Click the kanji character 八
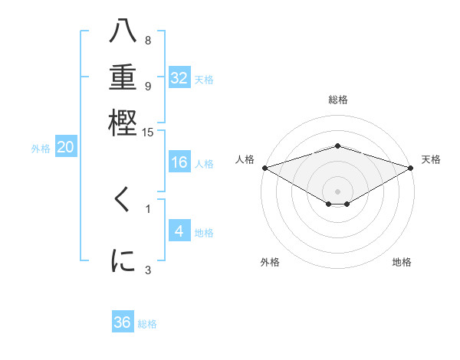click(x=123, y=32)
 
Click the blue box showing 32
click(x=179, y=77)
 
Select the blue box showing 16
click(x=179, y=162)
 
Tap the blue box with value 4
click(x=179, y=231)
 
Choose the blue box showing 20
click(x=65, y=148)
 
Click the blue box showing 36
click(x=123, y=322)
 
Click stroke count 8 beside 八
click(x=147, y=41)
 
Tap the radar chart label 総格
click(x=338, y=100)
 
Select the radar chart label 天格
click(x=431, y=159)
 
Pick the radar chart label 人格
click(x=245, y=159)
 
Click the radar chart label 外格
click(x=270, y=262)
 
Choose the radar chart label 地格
click(x=402, y=262)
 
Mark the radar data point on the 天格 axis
click(x=411, y=167)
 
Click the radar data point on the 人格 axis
click(x=264, y=167)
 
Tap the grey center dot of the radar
click(x=338, y=191)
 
